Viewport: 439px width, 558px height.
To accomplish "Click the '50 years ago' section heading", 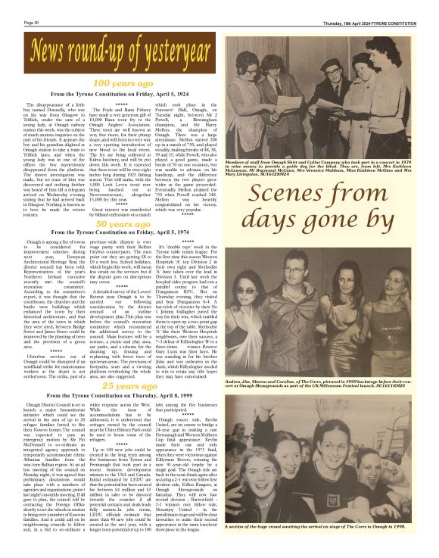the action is coord(111,224).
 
